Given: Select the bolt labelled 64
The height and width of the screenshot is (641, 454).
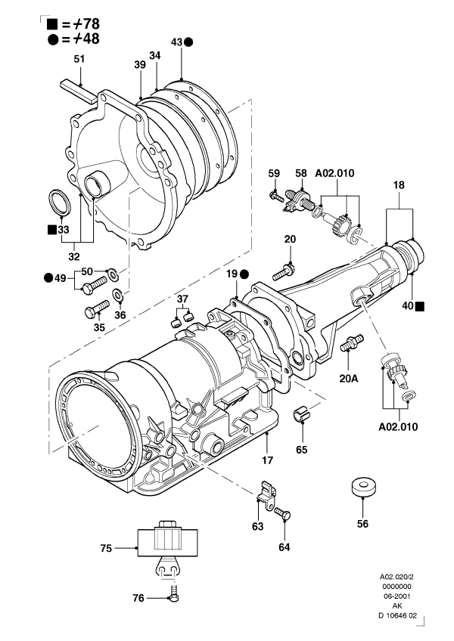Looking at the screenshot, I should coord(283,514).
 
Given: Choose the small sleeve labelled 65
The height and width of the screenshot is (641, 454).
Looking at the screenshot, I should coord(302,414).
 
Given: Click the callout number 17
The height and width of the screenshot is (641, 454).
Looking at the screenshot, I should coord(266,458).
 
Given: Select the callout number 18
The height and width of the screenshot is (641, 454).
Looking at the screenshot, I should coord(400,184).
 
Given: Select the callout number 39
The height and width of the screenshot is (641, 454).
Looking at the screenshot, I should coord(140,66).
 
